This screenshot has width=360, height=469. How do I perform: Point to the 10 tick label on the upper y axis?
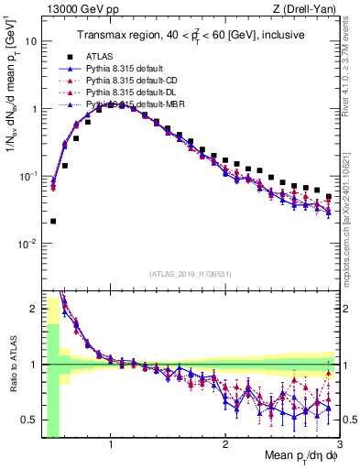tap(30, 41)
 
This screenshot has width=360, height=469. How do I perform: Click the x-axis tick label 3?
tap(340, 444)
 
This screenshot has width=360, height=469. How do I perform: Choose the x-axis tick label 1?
tap(111, 444)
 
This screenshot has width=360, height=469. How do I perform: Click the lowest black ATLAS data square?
tap(53, 221)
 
